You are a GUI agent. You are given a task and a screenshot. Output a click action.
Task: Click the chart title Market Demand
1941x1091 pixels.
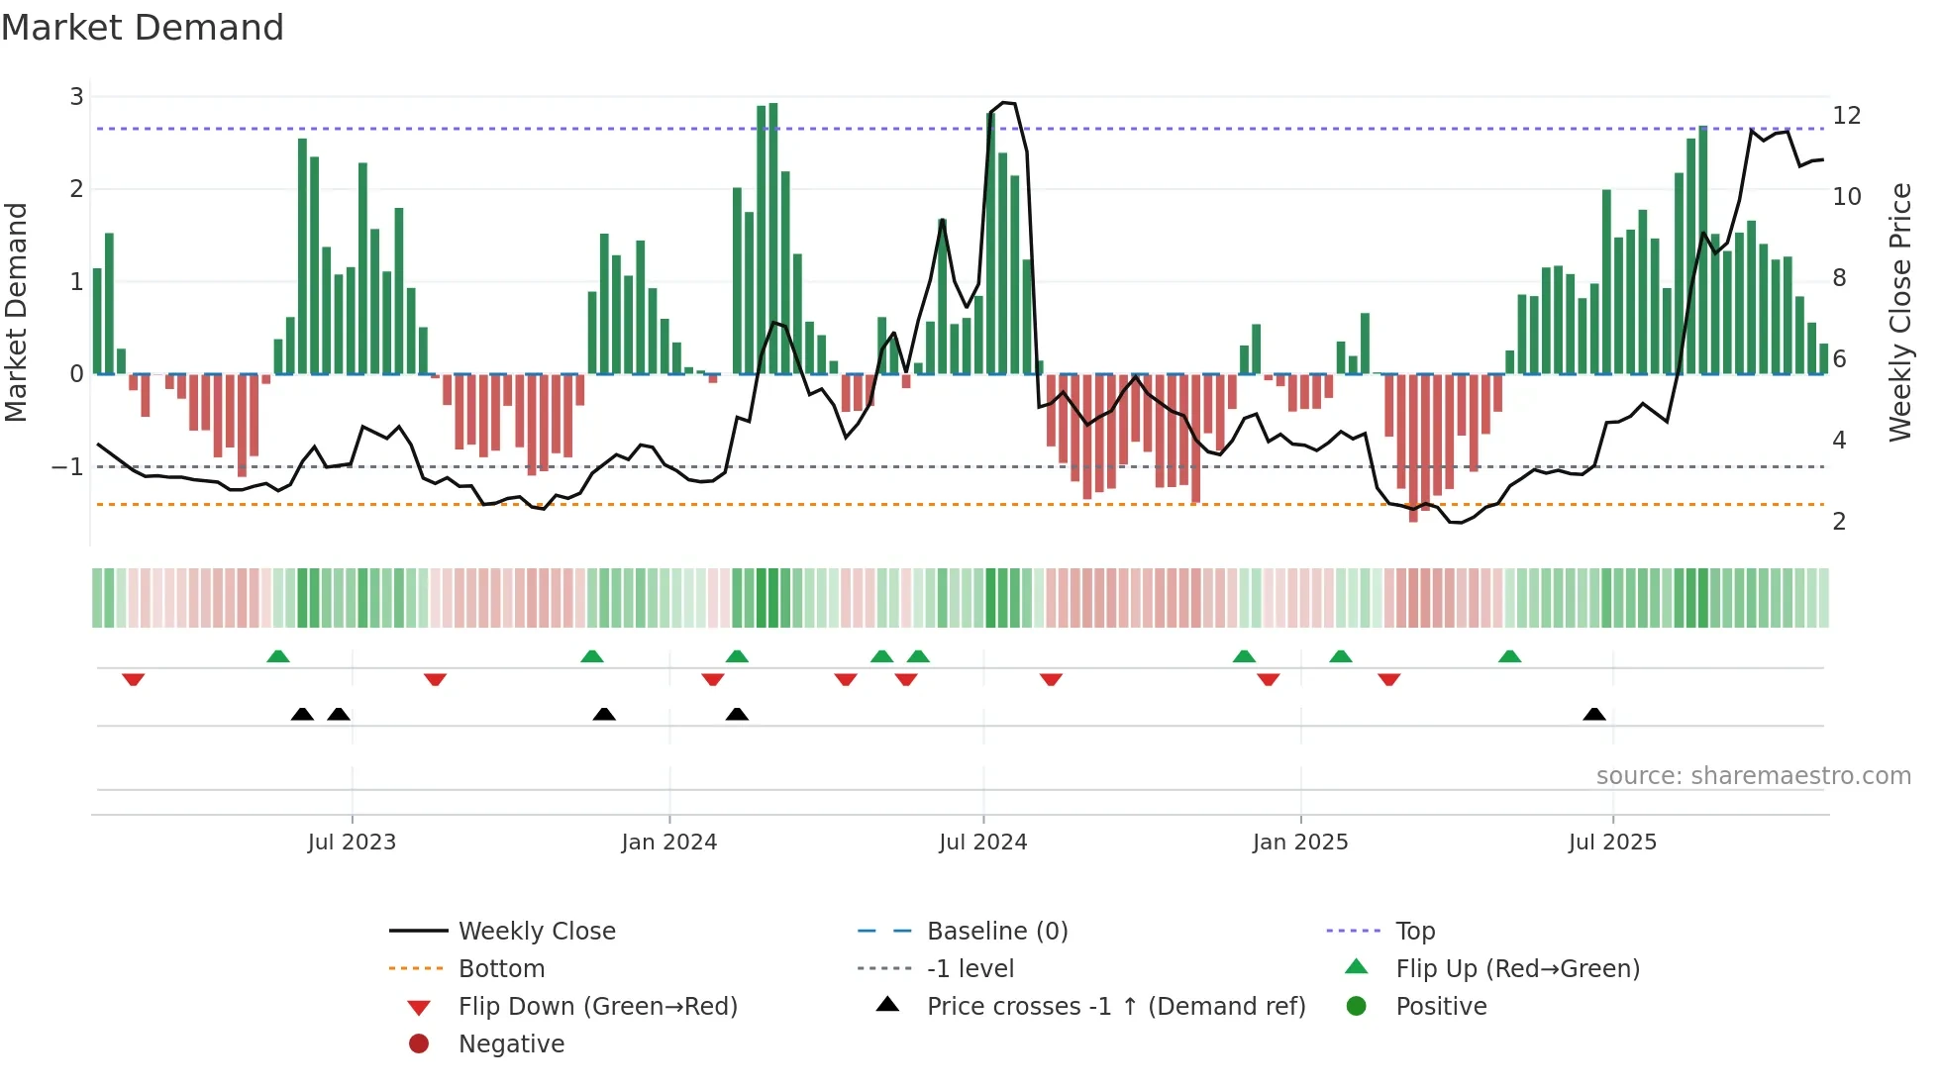pyautogui.click(x=143, y=28)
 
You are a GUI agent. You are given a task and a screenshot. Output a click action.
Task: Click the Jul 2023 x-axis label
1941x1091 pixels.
pyautogui.click(x=352, y=843)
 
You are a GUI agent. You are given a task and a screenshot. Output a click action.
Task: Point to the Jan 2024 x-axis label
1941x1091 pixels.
pyautogui.click(x=669, y=843)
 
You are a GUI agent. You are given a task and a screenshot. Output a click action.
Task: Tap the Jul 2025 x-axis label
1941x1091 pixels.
pyautogui.click(x=1612, y=843)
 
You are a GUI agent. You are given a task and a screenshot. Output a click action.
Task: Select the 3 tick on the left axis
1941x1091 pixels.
pyautogui.click(x=76, y=97)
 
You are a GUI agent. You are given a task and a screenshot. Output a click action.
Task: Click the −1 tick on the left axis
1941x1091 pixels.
pyautogui.click(x=67, y=467)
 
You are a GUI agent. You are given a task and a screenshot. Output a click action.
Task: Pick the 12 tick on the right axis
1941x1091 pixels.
pyautogui.click(x=1847, y=116)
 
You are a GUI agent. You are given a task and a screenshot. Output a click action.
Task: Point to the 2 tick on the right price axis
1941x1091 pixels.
pyautogui.click(x=1839, y=522)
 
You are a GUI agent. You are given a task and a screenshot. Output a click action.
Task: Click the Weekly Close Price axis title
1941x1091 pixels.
pyautogui.click(x=1899, y=312)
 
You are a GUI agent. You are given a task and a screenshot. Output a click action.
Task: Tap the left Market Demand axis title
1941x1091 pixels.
pyautogui.click(x=17, y=312)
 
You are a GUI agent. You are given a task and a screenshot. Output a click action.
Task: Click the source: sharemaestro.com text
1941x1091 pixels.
pyautogui.click(x=1753, y=776)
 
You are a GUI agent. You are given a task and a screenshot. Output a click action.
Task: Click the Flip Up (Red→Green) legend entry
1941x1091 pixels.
pyautogui.click(x=1517, y=969)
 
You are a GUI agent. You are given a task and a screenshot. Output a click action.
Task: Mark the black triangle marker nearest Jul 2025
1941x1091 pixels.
pyautogui.click(x=1594, y=715)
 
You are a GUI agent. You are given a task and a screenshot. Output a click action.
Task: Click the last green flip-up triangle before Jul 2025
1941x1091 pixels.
pyautogui.click(x=1509, y=656)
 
